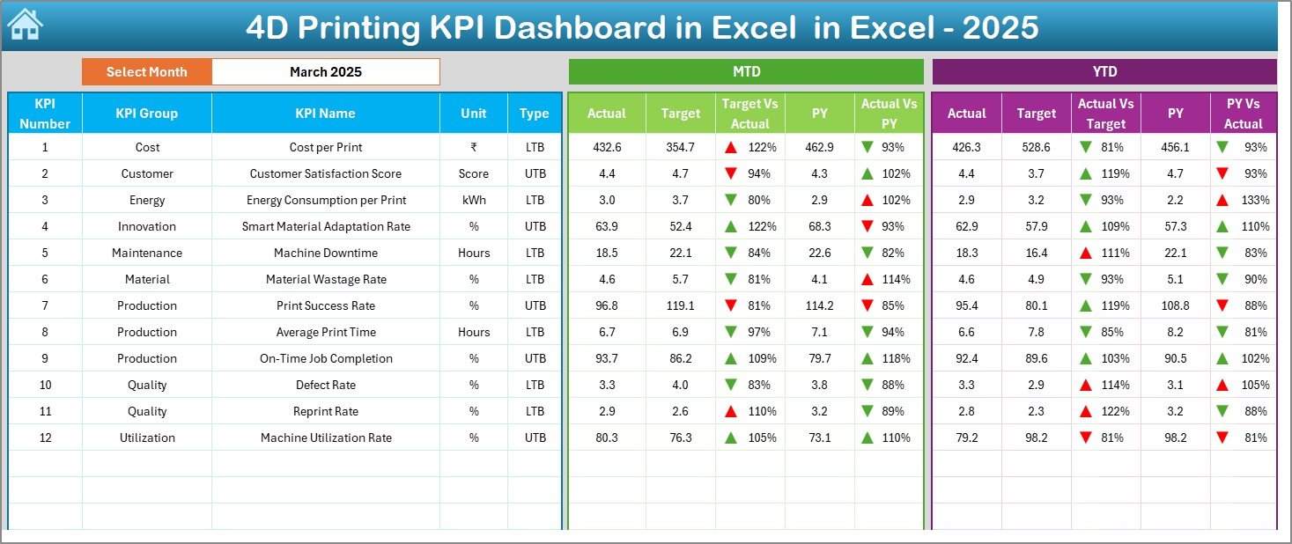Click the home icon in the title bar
click(x=24, y=26)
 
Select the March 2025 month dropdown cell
click(x=325, y=72)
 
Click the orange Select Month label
click(x=146, y=72)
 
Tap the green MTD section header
click(x=746, y=71)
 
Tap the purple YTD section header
click(x=1104, y=71)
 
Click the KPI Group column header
click(x=146, y=113)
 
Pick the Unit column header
click(x=473, y=113)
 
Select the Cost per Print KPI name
click(x=325, y=147)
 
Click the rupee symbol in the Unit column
click(x=473, y=147)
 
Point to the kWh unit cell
click(x=473, y=200)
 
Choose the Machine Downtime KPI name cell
click(x=325, y=253)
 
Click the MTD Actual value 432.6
click(x=606, y=147)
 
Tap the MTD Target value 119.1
click(x=680, y=305)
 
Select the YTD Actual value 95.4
click(x=966, y=305)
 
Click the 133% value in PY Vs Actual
click(x=1255, y=200)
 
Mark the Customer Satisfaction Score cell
click(x=325, y=173)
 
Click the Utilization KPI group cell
click(x=146, y=437)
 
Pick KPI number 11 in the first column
click(x=45, y=411)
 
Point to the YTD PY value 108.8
click(x=1175, y=305)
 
